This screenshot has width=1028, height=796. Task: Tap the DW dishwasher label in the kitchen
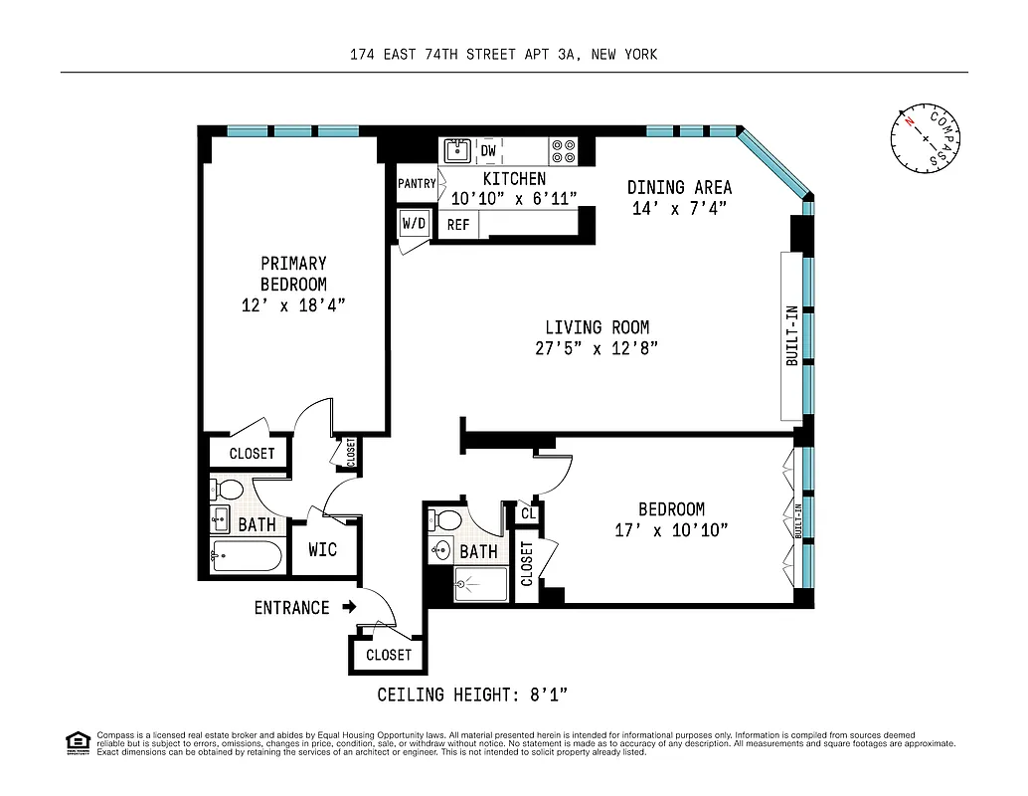point(488,151)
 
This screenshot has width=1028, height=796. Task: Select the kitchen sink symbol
point(456,151)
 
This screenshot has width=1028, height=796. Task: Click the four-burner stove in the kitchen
point(564,151)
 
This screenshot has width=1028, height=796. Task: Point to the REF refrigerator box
point(457,225)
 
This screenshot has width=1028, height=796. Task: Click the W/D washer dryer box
point(414,224)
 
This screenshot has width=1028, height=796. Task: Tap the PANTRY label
point(417,183)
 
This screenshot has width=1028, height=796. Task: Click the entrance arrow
point(348,606)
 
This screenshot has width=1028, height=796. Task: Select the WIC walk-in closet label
point(323,549)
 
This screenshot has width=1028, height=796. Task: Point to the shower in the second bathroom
point(480,584)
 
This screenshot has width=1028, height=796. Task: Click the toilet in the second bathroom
point(447,519)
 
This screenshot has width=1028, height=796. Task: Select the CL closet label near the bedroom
point(527,514)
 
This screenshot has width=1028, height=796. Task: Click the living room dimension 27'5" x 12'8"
point(597,348)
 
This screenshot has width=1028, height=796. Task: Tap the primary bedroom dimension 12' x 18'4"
point(293,305)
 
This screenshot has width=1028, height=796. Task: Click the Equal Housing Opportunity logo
point(78,742)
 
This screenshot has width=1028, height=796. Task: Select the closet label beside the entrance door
point(388,655)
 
